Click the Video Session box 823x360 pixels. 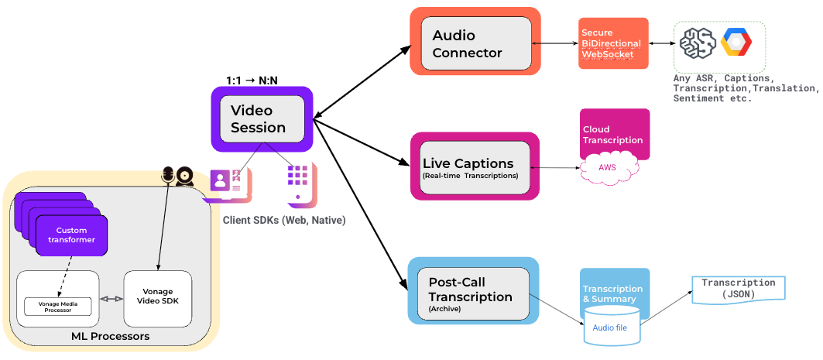[x=261, y=118]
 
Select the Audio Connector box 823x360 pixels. [x=475, y=44]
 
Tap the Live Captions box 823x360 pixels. [x=474, y=167]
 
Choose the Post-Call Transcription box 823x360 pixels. [x=473, y=290]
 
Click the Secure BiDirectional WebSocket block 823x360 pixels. [x=612, y=43]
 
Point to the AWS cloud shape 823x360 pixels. [x=608, y=166]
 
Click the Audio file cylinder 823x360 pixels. [x=612, y=326]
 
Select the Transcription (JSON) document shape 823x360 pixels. [x=738, y=289]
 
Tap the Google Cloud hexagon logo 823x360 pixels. [x=736, y=43]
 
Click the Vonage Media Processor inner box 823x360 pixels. [x=58, y=306]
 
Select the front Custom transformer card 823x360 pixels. [x=71, y=235]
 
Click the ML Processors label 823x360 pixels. [x=110, y=337]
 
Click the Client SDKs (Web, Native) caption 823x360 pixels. [x=284, y=221]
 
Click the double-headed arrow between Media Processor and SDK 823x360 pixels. [x=112, y=299]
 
